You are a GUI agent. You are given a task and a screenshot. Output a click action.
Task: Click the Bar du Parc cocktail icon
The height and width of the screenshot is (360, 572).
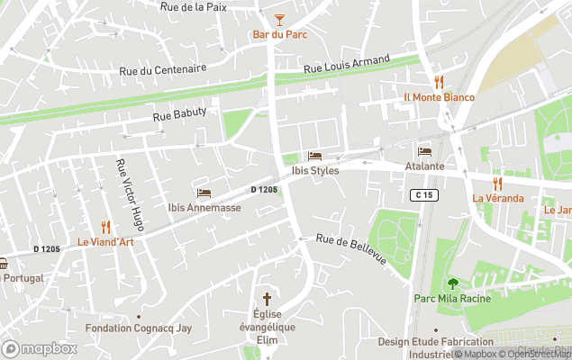click(x=279, y=19)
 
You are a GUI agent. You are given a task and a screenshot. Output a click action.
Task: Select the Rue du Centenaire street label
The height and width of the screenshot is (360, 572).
click(x=163, y=68)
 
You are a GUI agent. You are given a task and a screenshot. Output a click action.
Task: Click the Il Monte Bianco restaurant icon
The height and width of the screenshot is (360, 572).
click(x=439, y=81)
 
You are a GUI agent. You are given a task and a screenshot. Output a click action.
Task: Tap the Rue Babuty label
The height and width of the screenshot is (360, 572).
click(x=179, y=113)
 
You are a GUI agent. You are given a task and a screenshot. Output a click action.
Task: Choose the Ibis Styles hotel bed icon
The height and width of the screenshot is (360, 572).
click(x=314, y=156)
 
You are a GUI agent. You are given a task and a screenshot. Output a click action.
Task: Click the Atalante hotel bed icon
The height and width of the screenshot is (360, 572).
click(x=424, y=151)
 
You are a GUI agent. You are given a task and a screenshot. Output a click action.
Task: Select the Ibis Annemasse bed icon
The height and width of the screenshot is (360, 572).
click(x=204, y=193)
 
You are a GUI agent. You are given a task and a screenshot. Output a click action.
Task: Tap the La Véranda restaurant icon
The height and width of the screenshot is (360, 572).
click(x=496, y=183)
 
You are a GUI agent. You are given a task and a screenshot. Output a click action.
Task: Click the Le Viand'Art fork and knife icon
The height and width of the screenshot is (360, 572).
click(x=105, y=227)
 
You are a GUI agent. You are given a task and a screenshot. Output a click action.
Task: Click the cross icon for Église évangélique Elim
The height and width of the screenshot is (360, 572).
click(x=267, y=298)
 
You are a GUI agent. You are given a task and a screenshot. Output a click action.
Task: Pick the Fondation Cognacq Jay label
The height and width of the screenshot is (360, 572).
click(x=139, y=328)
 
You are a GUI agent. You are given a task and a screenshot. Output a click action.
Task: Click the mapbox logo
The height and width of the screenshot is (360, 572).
click(x=39, y=348)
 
